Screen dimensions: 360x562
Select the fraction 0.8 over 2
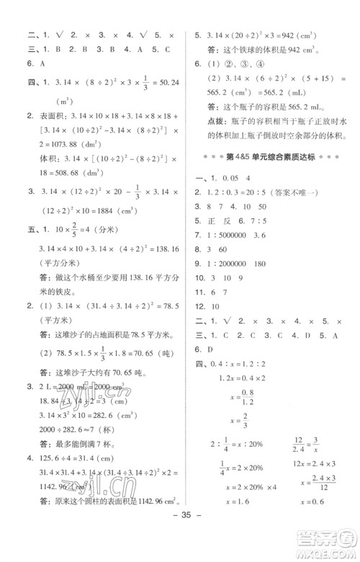tap(247, 396)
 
